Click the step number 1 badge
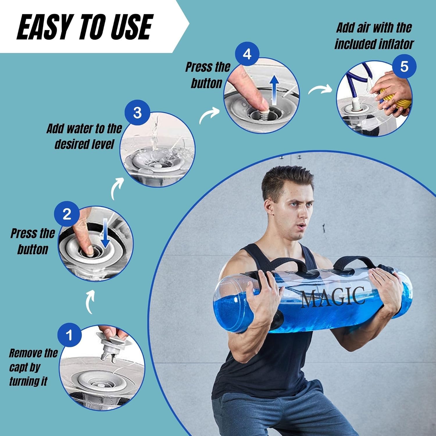click(x=69, y=335)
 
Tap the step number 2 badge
click(x=67, y=214)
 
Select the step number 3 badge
click(x=137, y=113)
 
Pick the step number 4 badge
click(x=247, y=54)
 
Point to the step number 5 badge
click(x=404, y=66)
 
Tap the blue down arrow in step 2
click(x=105, y=237)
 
